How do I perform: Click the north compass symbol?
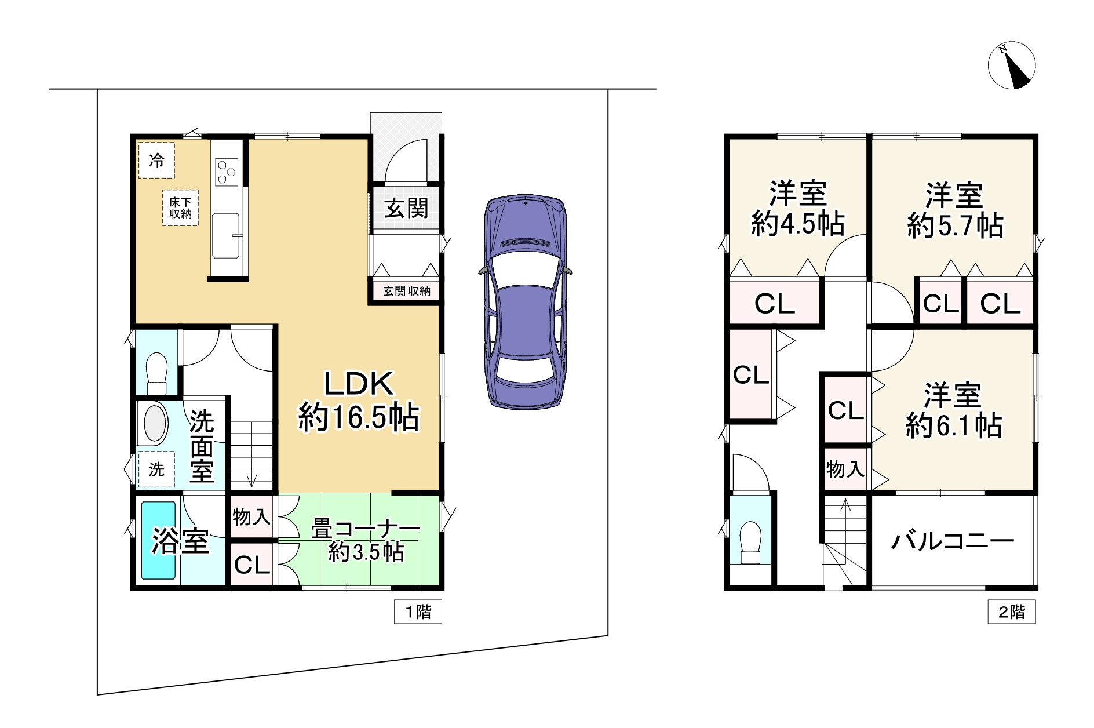click(x=1011, y=65)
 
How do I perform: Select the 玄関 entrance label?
click(x=407, y=208)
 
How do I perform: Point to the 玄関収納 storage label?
click(x=407, y=290)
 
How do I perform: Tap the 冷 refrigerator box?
click(x=156, y=161)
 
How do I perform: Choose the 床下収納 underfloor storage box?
click(x=180, y=208)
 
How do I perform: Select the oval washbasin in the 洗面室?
click(x=155, y=424)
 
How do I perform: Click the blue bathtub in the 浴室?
click(x=159, y=540)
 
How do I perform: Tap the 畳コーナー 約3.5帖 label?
click(x=366, y=541)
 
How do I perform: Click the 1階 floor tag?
click(x=418, y=612)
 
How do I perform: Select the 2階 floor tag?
click(x=1012, y=612)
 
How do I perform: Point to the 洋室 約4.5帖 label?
click(x=798, y=209)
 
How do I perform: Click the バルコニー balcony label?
click(x=953, y=541)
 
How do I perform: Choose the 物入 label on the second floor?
click(x=845, y=469)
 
